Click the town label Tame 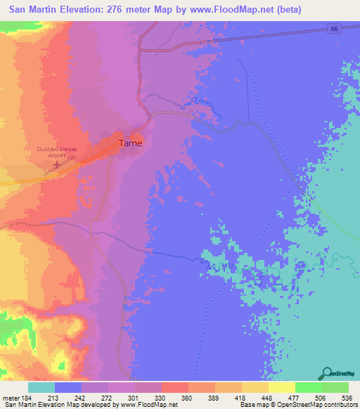point(130,143)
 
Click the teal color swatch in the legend point(41,387)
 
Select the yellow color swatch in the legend point(281,387)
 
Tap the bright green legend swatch point(308,387)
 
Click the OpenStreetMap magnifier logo point(326,374)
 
